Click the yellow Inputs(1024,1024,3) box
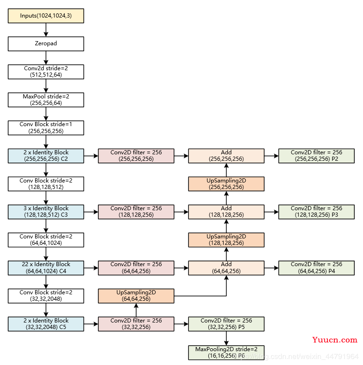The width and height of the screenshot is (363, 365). pos(46,16)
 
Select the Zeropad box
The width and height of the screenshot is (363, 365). pos(46,44)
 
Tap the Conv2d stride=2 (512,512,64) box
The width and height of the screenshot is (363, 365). pos(46,72)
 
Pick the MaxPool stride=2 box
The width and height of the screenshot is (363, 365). pos(46,100)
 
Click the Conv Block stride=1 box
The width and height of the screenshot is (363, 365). pos(46,128)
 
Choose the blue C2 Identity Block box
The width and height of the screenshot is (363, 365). pos(46,156)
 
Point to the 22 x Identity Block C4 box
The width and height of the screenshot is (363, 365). pos(46,268)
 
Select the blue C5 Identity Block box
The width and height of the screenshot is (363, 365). pos(46,324)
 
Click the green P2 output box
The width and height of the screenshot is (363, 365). pos(316,156)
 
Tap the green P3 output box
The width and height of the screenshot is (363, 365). pos(316,212)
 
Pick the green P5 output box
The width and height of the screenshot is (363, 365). pos(226,324)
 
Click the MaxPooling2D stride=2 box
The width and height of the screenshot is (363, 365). pos(226,352)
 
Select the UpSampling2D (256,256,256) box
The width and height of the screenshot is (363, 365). pos(226,184)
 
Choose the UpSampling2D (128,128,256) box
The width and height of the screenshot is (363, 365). pos(226,240)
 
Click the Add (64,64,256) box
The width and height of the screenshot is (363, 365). pos(226,268)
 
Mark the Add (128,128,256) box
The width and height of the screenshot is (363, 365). pos(226,212)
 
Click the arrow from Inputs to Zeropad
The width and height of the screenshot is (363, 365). pos(46,30)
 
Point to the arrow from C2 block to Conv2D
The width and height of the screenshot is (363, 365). pos(91,156)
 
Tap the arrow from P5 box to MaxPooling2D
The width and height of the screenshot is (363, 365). pos(226,338)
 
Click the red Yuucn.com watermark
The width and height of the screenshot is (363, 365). pos(335,340)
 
